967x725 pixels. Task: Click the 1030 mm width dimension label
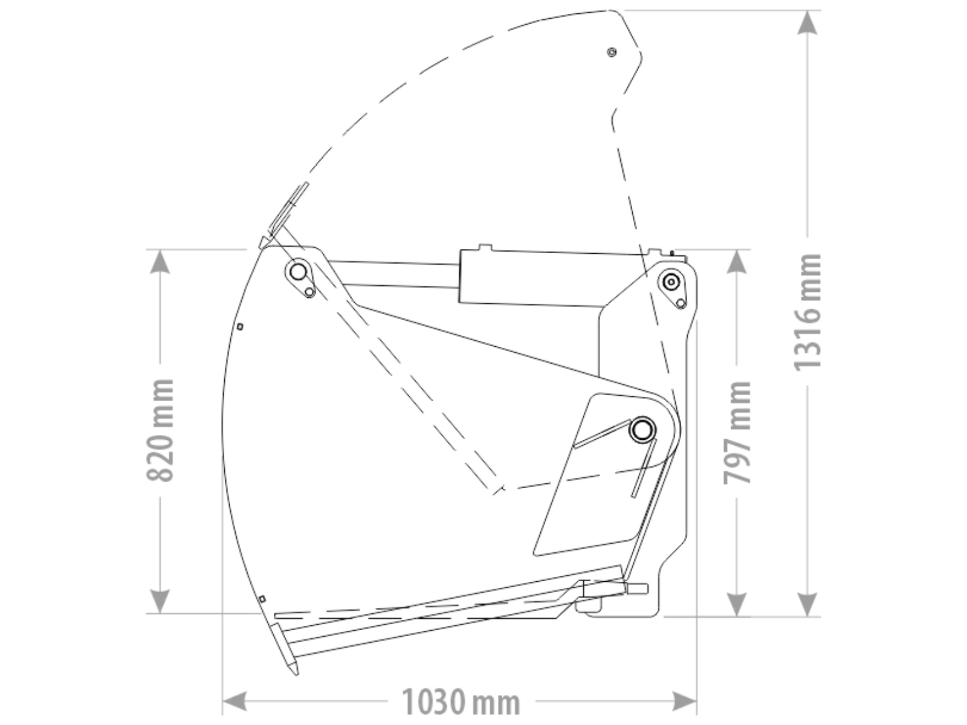click(461, 702)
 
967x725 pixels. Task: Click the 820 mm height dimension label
click(160, 430)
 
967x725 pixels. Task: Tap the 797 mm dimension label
click(737, 433)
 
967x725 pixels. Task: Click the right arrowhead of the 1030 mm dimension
click(684, 701)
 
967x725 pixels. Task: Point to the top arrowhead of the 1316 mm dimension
click(807, 22)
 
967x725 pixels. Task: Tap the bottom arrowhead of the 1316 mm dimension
click(807, 604)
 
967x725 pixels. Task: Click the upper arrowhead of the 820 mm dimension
click(160, 262)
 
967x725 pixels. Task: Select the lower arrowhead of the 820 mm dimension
click(160, 601)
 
